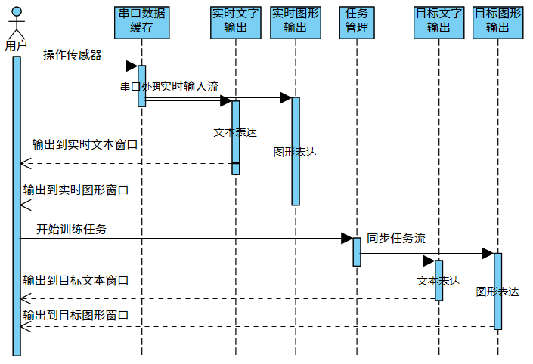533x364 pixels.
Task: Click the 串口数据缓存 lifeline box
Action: [x=141, y=22]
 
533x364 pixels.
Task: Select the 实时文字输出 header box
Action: [x=236, y=22]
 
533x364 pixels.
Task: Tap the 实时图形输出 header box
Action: [x=295, y=22]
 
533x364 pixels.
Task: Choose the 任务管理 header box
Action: [x=356, y=22]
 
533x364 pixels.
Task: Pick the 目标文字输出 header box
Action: [x=438, y=22]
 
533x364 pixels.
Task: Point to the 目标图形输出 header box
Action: [x=497, y=22]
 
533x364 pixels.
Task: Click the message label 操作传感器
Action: [x=73, y=54]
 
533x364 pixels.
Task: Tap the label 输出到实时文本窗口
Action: [x=85, y=143]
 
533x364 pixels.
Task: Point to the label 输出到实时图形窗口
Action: [x=76, y=190]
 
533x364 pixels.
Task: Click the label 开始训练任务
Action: [x=71, y=229]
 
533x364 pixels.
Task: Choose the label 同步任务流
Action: [x=396, y=238]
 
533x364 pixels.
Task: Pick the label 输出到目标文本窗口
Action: [x=76, y=280]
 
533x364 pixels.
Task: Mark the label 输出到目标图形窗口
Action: [x=76, y=315]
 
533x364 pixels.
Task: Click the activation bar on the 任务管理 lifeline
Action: [x=357, y=251]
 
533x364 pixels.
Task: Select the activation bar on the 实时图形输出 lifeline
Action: [x=296, y=151]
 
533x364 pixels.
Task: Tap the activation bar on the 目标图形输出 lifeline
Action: [x=498, y=291]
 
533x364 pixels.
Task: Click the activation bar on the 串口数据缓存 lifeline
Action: [x=141, y=85]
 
